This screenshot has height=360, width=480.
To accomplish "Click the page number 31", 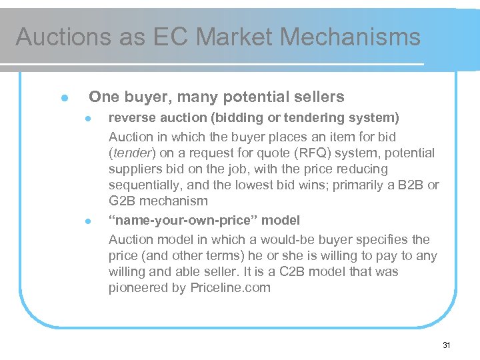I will coord(447,345).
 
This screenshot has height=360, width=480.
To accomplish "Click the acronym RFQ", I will coord(305,153).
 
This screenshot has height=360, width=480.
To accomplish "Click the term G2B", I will coord(123,201).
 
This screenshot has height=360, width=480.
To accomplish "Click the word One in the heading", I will coord(103,97).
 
